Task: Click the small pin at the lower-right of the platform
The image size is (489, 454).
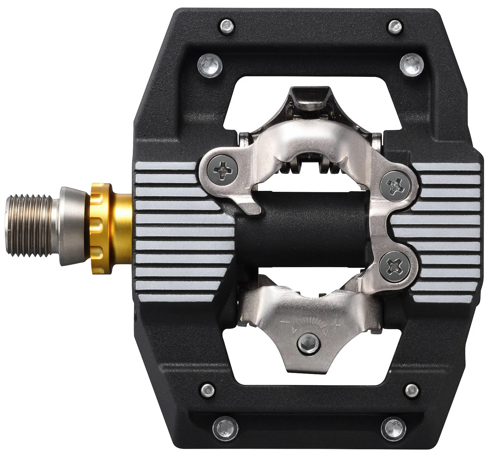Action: coord(411,389)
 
